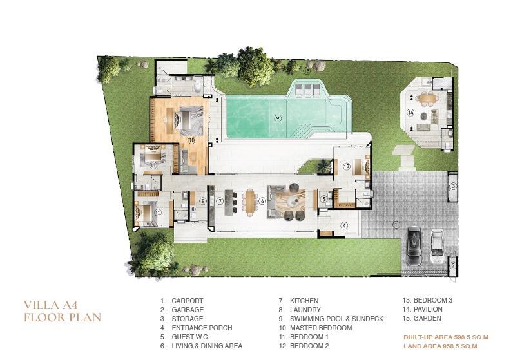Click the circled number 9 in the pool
tap(278, 118)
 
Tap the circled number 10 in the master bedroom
tap(191, 140)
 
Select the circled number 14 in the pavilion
tap(410, 113)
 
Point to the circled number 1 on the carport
tap(396, 224)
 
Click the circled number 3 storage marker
tap(453, 186)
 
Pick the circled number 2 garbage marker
tap(453, 265)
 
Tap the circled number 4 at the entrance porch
tap(344, 225)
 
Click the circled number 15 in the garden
tap(307, 71)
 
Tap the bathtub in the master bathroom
tap(197, 86)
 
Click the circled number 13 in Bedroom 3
tap(347, 166)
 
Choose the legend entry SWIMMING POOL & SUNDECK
tap(336, 319)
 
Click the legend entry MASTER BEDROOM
tap(321, 328)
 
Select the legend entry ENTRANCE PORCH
tap(202, 328)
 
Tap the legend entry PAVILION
tap(428, 309)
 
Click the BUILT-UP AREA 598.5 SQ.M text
tap(446, 337)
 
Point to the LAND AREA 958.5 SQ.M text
tap(440, 346)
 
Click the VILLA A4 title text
tap(51, 305)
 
